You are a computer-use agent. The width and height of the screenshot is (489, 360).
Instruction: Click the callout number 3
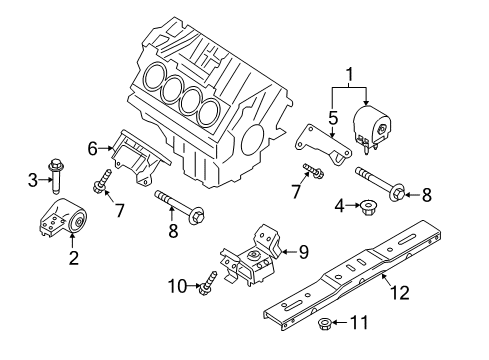click(32, 181)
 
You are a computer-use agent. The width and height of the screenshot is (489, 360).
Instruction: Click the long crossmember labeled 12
click(360, 276)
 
